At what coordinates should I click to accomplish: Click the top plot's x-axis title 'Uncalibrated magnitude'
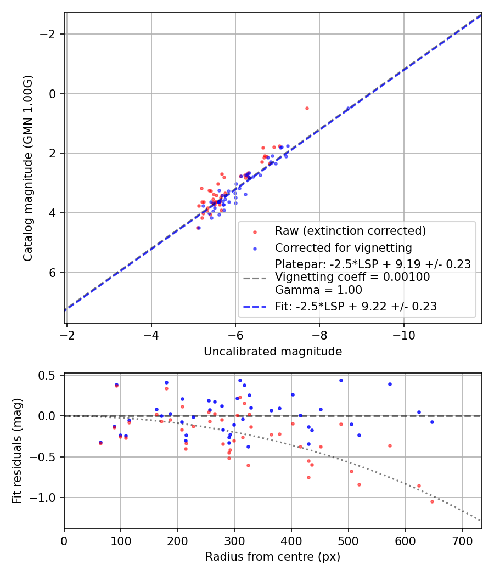click(x=273, y=352)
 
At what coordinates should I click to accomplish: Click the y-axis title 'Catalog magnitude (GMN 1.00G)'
click(x=29, y=168)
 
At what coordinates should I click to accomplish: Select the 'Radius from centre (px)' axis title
click(x=273, y=557)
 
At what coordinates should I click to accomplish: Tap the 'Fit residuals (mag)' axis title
click(x=17, y=451)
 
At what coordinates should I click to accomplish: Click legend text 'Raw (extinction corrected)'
click(x=350, y=230)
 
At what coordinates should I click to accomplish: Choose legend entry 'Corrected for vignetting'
click(x=344, y=247)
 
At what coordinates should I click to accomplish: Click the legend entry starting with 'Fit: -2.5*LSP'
click(x=356, y=307)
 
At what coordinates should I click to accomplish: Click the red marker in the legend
click(x=254, y=231)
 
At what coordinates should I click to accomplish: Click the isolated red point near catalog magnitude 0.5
click(x=307, y=108)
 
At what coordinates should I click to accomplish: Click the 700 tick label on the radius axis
click(x=462, y=541)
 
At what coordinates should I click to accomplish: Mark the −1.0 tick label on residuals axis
click(x=46, y=498)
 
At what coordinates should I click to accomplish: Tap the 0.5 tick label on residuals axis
click(x=49, y=375)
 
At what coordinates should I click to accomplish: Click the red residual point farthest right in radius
click(x=432, y=501)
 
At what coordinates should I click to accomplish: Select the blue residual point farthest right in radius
click(x=432, y=422)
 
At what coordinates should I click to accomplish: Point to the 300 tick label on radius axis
click(x=234, y=541)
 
